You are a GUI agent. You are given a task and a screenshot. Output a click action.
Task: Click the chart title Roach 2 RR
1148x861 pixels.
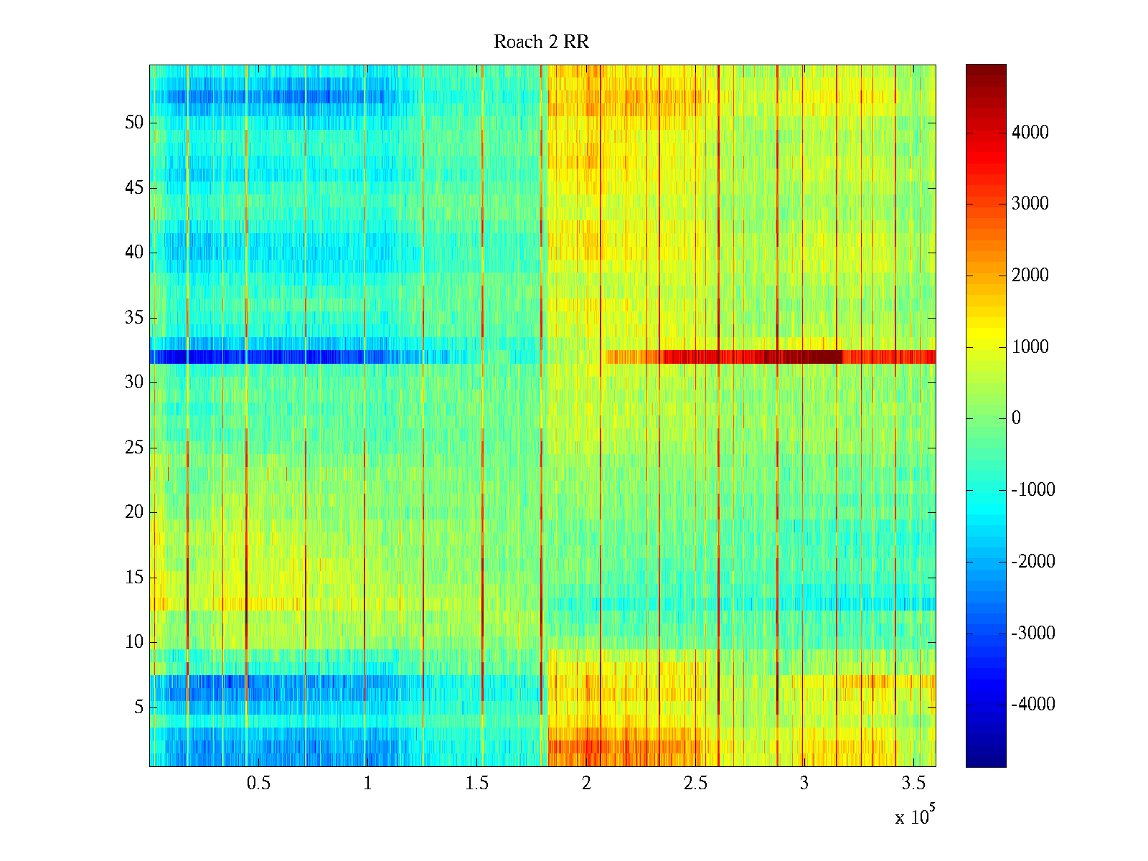[541, 42]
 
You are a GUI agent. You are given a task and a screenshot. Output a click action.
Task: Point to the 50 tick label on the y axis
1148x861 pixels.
[134, 123]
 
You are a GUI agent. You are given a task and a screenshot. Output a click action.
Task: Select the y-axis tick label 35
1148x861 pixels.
[134, 318]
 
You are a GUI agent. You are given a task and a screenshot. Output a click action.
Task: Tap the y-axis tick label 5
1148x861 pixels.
[138, 707]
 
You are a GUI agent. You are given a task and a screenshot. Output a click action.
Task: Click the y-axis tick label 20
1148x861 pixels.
[134, 512]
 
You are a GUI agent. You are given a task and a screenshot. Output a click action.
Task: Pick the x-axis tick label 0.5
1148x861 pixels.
[258, 784]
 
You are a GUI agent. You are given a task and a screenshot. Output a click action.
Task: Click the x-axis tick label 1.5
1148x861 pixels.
[476, 784]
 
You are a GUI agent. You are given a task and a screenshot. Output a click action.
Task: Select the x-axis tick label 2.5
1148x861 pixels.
[695, 784]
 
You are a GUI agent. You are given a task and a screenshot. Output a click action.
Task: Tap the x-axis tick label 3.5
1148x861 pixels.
[913, 784]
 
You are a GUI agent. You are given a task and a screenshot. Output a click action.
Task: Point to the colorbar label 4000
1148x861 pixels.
[1030, 132]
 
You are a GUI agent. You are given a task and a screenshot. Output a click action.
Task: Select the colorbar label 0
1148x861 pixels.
[1016, 418]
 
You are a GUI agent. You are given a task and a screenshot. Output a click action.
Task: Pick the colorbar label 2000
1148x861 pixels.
[1030, 276]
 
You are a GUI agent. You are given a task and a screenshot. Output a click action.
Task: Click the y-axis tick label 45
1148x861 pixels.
[134, 188]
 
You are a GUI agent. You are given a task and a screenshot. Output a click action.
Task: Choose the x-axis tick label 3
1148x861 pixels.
[804, 784]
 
